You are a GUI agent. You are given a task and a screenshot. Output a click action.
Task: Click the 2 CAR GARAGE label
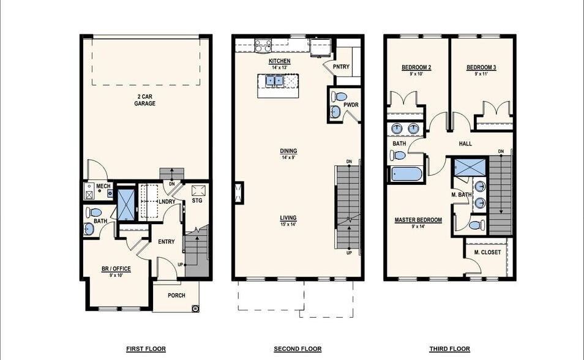[x=145, y=100]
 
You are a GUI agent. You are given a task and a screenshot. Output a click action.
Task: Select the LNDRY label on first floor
[x=167, y=201]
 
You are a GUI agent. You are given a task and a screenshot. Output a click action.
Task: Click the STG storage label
[x=197, y=201]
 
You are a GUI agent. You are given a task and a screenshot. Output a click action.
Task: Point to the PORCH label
[x=176, y=296]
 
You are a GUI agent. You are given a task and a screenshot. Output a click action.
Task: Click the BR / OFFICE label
[x=116, y=268]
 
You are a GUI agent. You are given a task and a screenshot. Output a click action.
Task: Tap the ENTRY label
[x=167, y=242]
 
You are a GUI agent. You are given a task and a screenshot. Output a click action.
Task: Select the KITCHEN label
[x=279, y=62]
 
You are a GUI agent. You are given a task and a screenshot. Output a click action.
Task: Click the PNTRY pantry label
[x=341, y=67]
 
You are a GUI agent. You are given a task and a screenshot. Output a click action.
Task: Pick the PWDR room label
[x=351, y=105]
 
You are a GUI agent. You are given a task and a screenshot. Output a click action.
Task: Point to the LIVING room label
[x=288, y=218]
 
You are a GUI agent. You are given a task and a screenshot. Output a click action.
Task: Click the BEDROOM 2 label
[x=416, y=67]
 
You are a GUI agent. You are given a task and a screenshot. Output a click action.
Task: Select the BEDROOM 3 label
[x=481, y=67]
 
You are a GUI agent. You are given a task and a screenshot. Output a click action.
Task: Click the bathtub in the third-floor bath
[x=406, y=174]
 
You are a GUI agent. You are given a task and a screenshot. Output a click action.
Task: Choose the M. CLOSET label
[x=487, y=252]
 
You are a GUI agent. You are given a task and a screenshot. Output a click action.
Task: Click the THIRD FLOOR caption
[x=449, y=349]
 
